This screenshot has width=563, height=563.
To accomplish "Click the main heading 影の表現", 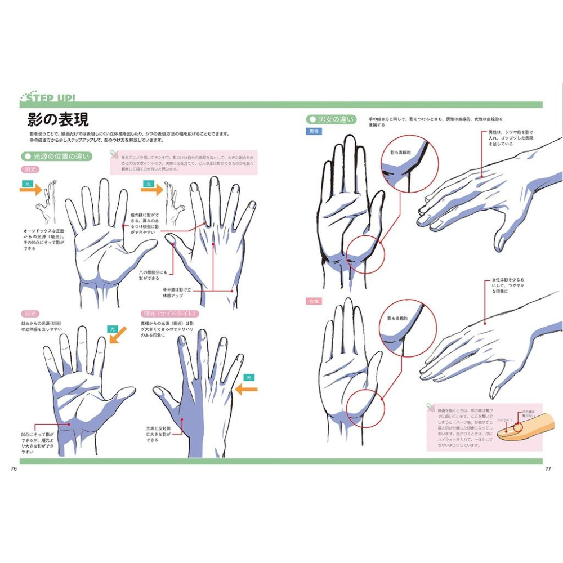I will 58,119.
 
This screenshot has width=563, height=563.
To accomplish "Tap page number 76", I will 14,468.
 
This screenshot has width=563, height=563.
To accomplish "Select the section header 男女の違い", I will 332,119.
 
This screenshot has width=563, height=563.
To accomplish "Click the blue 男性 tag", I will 314,131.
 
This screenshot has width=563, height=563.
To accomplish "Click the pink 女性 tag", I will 314,301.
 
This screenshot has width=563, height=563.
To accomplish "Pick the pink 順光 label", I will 29,169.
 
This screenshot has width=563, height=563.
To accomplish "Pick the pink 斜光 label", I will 29,313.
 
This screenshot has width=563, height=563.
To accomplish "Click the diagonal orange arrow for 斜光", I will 118,336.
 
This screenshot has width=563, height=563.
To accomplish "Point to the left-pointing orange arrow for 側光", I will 246,388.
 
